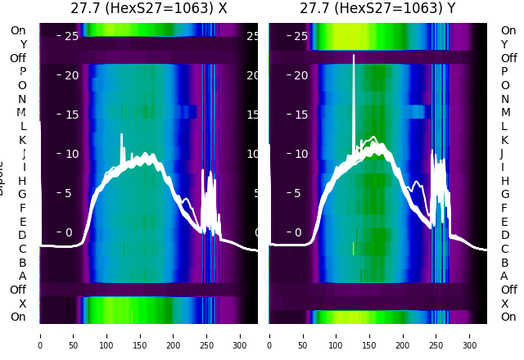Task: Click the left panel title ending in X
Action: [148, 9]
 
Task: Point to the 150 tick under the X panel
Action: [140, 335]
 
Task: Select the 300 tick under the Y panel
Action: [470, 335]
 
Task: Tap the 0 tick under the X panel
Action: [39, 335]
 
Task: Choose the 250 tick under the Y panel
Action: [436, 335]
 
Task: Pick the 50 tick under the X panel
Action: [73, 335]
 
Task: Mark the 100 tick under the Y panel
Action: [337, 335]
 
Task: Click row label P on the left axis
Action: [22, 72]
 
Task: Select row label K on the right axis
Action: [504, 140]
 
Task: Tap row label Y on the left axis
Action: [23, 45]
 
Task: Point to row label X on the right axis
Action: [504, 304]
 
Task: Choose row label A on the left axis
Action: [22, 276]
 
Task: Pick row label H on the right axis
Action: [505, 181]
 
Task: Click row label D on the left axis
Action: [22, 236]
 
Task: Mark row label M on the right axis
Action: [505, 113]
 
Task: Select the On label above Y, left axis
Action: [18, 31]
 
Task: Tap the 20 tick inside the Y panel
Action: [300, 75]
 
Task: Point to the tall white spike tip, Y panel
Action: [354, 56]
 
